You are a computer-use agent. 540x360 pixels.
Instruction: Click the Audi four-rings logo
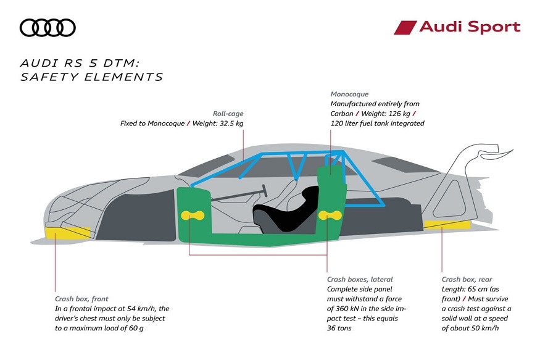tap(48, 27)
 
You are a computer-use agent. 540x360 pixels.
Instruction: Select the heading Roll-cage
tap(227, 113)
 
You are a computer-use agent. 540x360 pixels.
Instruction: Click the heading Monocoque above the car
tap(349, 94)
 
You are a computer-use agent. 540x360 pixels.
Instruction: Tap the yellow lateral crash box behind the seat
tap(331, 214)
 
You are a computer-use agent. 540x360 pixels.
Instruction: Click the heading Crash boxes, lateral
tap(359, 279)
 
